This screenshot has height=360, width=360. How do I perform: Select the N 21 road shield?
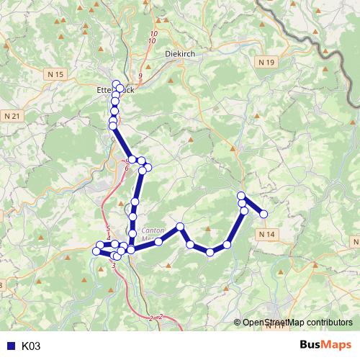point(12,116)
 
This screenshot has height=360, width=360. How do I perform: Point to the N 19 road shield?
point(266,63)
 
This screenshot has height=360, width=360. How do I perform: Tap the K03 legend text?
point(31,346)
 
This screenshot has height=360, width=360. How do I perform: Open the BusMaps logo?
point(325,346)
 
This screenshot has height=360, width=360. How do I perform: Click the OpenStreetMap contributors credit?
point(297,323)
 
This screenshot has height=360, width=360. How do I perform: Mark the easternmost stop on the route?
point(264,213)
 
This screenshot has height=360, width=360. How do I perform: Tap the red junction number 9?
point(140,76)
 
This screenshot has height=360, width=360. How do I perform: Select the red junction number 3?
point(114,266)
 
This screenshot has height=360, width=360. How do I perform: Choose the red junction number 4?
point(108,237)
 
